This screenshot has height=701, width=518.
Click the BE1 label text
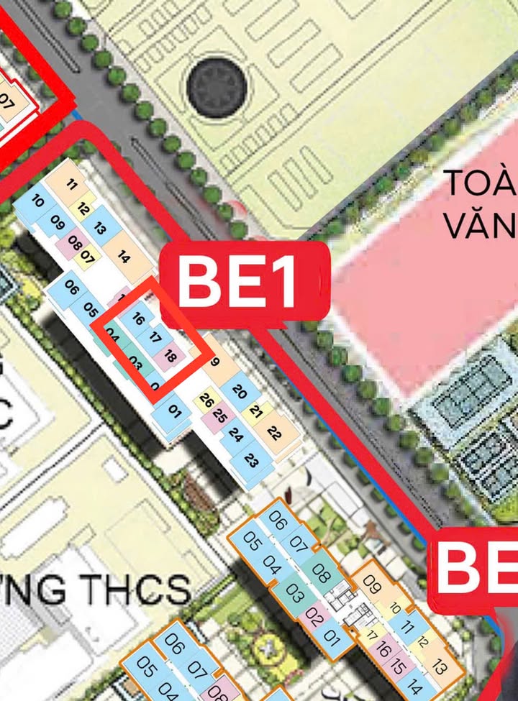[238, 280]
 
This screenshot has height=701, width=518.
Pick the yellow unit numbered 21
[255, 411]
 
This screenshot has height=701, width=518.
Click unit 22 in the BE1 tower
[274, 433]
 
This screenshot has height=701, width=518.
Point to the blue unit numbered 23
[251, 461]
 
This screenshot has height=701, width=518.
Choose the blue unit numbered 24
[235, 434]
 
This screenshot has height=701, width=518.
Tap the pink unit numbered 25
[220, 416]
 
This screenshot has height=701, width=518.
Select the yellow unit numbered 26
[206, 400]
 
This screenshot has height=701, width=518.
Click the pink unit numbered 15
[399, 664]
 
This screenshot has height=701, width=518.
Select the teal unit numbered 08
[321, 575]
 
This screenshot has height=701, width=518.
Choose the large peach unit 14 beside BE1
[123, 256]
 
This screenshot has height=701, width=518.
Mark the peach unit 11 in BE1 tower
[71, 184]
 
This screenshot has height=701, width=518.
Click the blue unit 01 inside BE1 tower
[173, 411]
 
